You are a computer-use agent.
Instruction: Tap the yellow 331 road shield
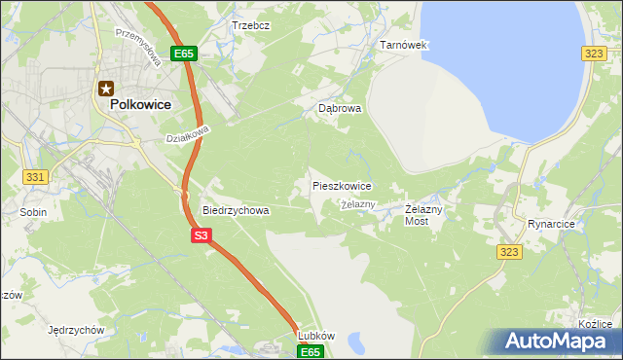[36, 176]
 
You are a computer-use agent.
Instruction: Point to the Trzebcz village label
[250, 24]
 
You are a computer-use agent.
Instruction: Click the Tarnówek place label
[403, 46]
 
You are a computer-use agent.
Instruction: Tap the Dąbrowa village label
[340, 109]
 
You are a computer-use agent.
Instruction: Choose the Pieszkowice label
[341, 185]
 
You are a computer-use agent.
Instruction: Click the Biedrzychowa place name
[235, 209]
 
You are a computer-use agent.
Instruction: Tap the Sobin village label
[33, 210]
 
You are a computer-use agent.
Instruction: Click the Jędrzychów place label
[75, 330]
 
